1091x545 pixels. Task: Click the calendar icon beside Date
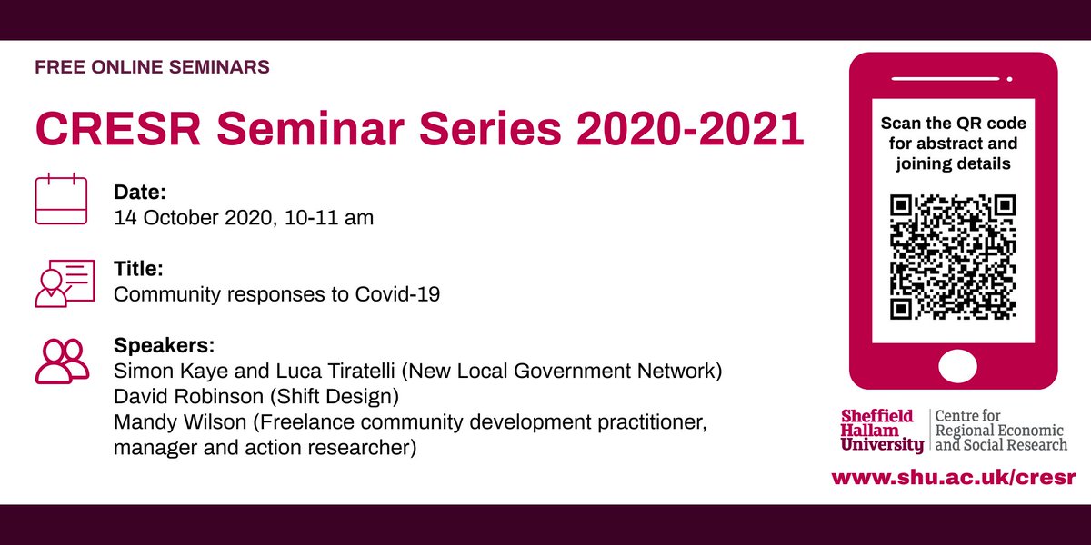tap(61, 200)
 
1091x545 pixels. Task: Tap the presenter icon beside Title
tap(65, 282)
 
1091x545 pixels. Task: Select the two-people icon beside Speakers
tap(62, 361)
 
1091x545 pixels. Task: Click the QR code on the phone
tap(953, 257)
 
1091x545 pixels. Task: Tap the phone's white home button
tap(953, 367)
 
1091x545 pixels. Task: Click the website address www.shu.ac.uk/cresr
tap(953, 477)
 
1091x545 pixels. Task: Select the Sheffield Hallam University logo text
tap(881, 431)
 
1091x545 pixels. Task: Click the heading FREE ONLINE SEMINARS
tap(152, 67)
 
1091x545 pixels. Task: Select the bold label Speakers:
tap(164, 346)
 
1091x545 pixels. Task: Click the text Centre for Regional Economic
tap(1000, 423)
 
